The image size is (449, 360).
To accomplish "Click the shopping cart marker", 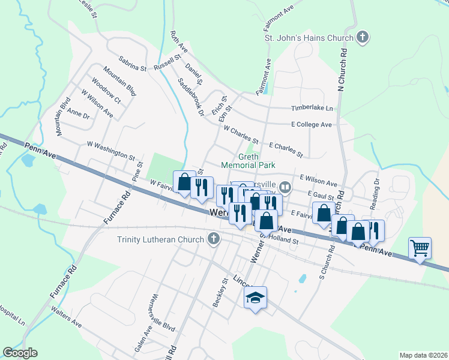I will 420,247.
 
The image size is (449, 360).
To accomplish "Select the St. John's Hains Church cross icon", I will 362,38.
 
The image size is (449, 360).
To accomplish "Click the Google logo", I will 20,353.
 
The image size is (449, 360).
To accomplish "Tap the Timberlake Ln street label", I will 312,108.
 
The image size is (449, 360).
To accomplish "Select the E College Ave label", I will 311,125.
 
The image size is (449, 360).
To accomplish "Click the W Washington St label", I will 110,151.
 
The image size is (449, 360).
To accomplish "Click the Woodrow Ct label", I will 106,91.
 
